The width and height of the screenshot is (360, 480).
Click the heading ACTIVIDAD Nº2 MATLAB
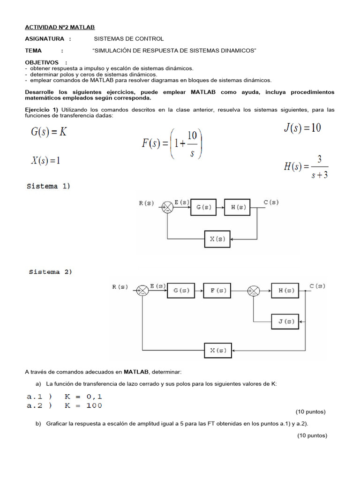tap(60, 28)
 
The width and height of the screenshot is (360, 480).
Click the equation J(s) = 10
tap(302, 127)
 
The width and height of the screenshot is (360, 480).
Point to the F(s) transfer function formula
tap(172, 144)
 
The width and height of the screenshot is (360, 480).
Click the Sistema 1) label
tap(48, 186)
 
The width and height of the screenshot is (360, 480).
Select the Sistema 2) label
tap(51, 272)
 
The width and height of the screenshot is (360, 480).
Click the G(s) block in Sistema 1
tap(204, 207)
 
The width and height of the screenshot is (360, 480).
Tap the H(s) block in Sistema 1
tap(239, 207)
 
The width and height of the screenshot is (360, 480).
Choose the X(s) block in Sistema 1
tap(218, 239)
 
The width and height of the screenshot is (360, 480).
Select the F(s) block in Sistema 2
tap(217, 291)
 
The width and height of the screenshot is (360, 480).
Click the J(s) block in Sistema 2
tap(285, 321)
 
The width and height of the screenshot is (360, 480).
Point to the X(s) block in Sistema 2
tap(218, 351)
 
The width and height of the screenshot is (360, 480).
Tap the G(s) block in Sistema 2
tap(180, 291)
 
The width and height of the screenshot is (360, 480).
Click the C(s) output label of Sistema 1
tap(271, 202)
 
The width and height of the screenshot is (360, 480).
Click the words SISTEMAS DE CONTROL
tap(129, 39)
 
